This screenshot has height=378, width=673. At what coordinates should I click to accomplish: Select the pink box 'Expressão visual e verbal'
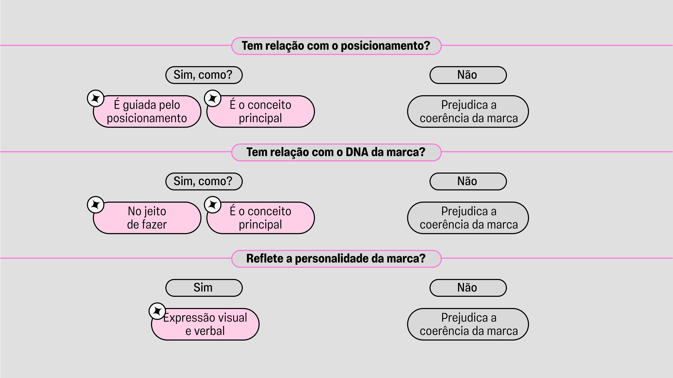[205, 324]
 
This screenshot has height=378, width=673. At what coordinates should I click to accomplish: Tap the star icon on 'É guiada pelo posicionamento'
[96, 98]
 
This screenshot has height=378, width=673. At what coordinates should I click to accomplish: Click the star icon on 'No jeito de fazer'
[96, 205]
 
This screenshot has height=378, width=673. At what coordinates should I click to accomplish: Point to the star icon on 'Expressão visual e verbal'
[157, 311]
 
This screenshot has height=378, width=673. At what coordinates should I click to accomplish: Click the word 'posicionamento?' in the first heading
[385, 46]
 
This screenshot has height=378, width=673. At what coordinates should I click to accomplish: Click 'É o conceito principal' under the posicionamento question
[260, 111]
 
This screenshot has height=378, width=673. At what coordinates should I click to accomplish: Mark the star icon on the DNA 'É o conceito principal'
[213, 205]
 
